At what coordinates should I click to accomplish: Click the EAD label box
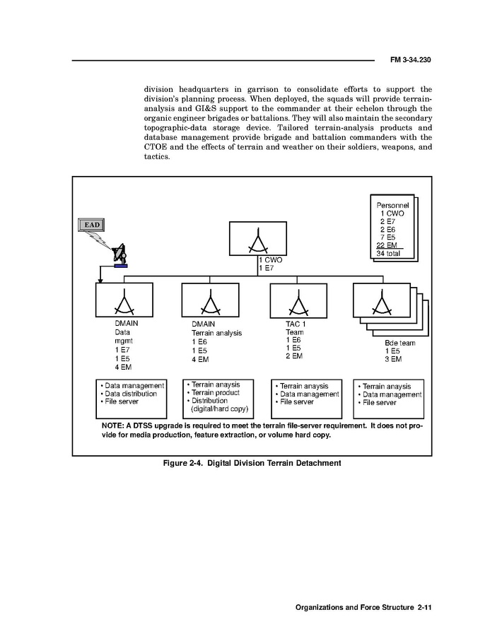[x=91, y=225]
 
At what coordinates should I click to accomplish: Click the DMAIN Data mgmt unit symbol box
[x=124, y=301]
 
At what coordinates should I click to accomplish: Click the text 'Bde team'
[x=399, y=342]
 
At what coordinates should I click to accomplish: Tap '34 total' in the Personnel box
[x=390, y=253]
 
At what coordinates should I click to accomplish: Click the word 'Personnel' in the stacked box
[x=394, y=205]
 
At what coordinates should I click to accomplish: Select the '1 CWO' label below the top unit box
[x=272, y=260]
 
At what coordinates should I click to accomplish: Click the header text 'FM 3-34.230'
[x=410, y=60]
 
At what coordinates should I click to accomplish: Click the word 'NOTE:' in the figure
[x=113, y=427]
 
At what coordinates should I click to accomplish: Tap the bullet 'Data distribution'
[x=131, y=394]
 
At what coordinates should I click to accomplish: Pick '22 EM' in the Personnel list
[x=387, y=245]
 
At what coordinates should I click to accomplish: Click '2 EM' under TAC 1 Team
[x=294, y=356]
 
